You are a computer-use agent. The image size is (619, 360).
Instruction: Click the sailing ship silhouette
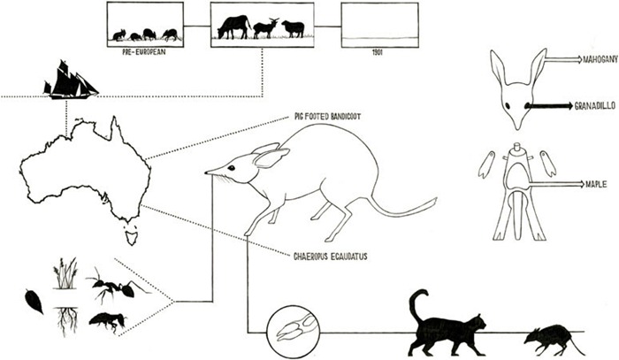(x=70, y=80)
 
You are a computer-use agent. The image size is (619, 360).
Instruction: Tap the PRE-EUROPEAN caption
(x=144, y=52)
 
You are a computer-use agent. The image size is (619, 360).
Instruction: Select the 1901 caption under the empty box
(x=378, y=52)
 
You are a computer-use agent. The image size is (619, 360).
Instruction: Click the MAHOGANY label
(x=600, y=60)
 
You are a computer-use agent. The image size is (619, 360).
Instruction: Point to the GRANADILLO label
(x=594, y=106)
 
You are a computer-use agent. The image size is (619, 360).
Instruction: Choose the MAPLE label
(x=596, y=184)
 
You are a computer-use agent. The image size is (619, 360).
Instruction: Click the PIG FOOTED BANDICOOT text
(x=327, y=117)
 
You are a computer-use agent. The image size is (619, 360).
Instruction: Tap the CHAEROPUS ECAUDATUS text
(x=331, y=257)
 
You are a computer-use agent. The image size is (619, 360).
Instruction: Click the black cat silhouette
(x=446, y=325)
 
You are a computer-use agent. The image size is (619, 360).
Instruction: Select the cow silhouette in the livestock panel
(x=234, y=27)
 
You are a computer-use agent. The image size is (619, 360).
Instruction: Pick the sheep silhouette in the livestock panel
(x=293, y=29)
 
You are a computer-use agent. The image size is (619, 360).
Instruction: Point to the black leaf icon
(x=34, y=302)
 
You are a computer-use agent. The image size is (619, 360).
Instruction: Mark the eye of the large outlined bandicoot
(x=231, y=168)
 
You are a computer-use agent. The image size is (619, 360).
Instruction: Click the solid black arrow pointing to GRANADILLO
(x=548, y=105)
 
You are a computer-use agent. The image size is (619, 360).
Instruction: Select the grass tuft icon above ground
(x=65, y=273)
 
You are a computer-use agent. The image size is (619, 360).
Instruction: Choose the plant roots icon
(x=67, y=322)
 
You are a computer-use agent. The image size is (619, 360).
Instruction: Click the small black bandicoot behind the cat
(x=553, y=341)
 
